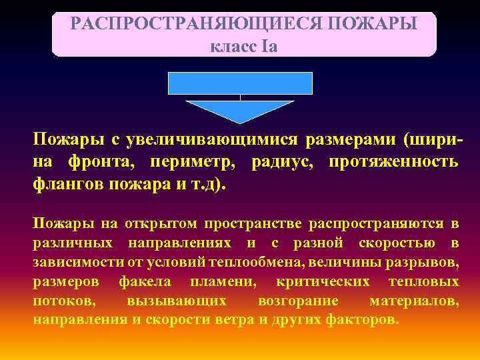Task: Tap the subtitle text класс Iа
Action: pyautogui.click(x=243, y=47)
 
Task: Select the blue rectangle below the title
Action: pyautogui.click(x=240, y=83)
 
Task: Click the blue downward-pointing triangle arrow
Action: pyautogui.click(x=240, y=110)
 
